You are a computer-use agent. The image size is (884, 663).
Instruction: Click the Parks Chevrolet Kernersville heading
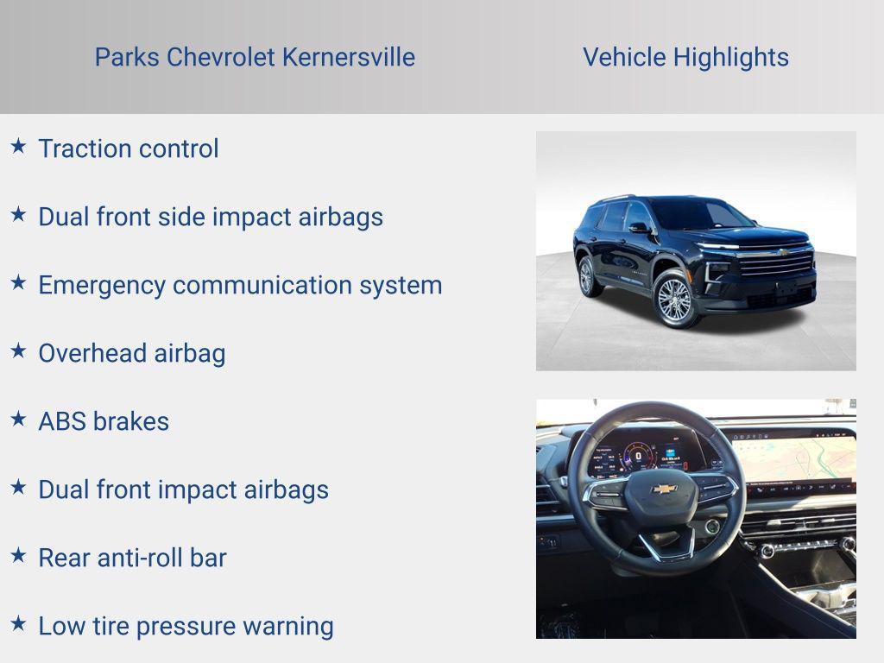(255, 57)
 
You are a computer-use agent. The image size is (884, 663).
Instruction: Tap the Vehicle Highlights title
(685, 57)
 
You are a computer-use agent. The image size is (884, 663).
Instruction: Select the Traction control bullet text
(129, 148)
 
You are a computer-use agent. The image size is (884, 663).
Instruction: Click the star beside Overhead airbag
(18, 350)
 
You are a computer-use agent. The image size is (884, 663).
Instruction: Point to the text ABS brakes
(104, 421)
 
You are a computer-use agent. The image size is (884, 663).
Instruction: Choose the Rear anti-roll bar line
(132, 558)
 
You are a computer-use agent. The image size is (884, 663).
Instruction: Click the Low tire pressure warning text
(186, 626)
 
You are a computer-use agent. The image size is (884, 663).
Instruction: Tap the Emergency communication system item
(240, 285)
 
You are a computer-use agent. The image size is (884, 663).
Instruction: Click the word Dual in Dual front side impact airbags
(64, 217)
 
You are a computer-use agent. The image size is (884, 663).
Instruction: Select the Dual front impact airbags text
(183, 489)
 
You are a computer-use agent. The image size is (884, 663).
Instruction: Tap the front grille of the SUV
(775, 262)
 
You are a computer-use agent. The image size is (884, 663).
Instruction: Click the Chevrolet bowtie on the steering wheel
(663, 489)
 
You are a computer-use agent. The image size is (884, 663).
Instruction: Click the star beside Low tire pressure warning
(18, 623)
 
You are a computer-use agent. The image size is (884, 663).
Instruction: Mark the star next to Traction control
(18, 146)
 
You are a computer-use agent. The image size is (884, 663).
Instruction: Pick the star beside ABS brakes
(18, 419)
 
